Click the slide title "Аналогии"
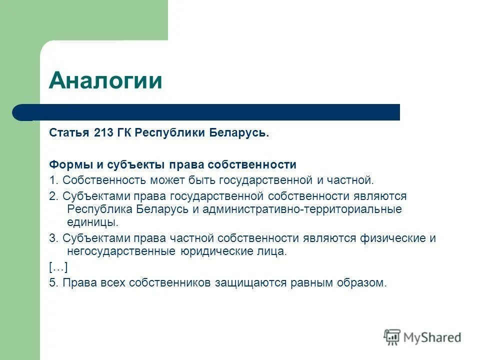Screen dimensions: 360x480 pyautogui.click(x=105, y=80)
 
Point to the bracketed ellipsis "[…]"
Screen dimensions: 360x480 pyautogui.click(x=58, y=267)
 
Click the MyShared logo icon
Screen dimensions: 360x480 pyautogui.click(x=392, y=337)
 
